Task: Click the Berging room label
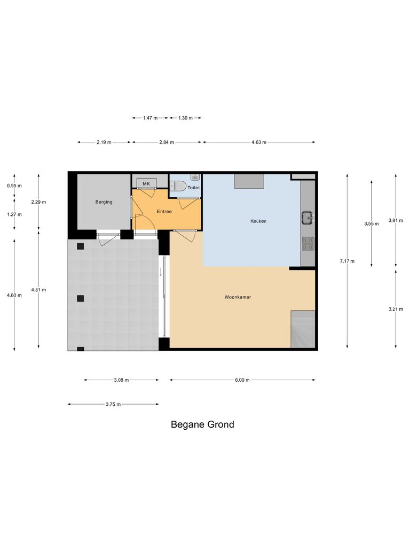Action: click(x=104, y=202)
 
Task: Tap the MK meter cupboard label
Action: click(x=146, y=183)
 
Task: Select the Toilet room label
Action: click(x=194, y=188)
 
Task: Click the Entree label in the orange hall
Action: click(x=164, y=212)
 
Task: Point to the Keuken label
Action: click(x=258, y=221)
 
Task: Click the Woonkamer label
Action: click(x=238, y=297)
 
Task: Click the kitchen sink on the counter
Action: click(x=307, y=217)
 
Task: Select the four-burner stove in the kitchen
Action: click(x=307, y=244)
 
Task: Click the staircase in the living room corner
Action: click(x=303, y=330)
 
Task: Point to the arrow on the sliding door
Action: click(x=161, y=272)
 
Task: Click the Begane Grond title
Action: click(x=202, y=425)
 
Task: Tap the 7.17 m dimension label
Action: click(x=348, y=261)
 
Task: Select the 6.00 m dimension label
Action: click(x=242, y=380)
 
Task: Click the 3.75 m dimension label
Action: click(x=113, y=405)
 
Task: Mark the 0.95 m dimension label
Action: click(x=14, y=186)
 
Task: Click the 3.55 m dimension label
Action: click(x=372, y=224)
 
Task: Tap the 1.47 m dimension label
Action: click(x=150, y=118)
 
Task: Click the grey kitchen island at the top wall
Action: click(x=249, y=181)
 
